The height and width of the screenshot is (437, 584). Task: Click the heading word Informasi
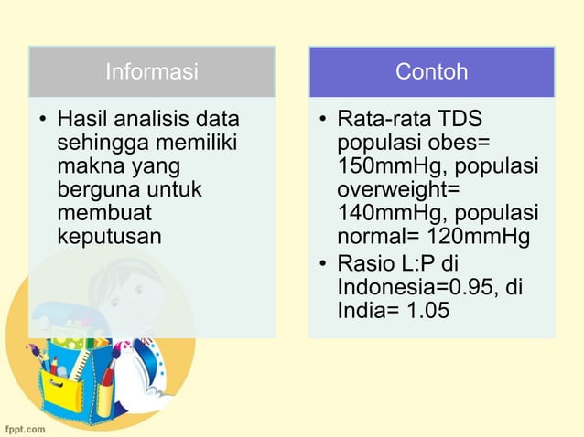coord(152,71)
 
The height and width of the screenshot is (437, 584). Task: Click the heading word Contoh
coord(431,71)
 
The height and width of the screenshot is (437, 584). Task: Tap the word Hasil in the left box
coord(79,120)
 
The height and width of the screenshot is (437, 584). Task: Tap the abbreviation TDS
coord(461,120)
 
